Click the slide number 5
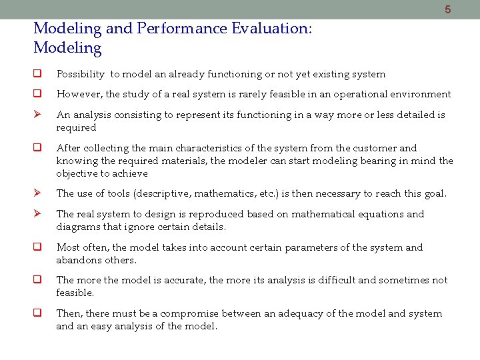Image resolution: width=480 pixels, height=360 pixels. (448, 9)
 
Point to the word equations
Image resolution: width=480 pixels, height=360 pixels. (380, 214)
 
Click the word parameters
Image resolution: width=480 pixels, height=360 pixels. (301, 247)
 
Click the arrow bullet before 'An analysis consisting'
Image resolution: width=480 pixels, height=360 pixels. (38, 115)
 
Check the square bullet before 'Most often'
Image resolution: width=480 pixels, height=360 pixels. (38, 247)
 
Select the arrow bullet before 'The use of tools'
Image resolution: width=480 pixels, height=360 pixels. (38, 194)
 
